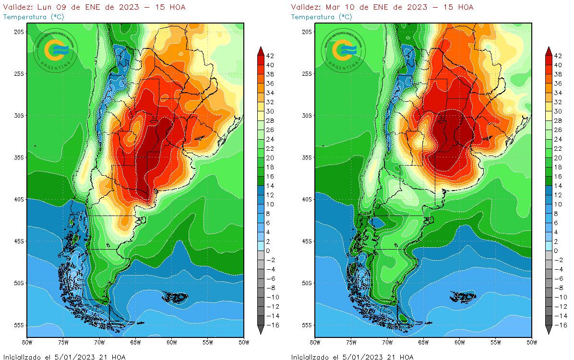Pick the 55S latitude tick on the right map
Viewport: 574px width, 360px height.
(307, 325)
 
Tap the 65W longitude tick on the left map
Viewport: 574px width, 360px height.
(135, 343)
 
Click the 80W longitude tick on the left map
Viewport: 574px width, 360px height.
(27, 343)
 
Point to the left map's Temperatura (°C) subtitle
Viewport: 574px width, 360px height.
(33, 17)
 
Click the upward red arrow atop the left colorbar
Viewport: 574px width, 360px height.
(261, 50)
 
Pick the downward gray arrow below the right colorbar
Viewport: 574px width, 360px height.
(549, 330)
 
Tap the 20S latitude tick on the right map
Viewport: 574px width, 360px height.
(307, 32)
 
